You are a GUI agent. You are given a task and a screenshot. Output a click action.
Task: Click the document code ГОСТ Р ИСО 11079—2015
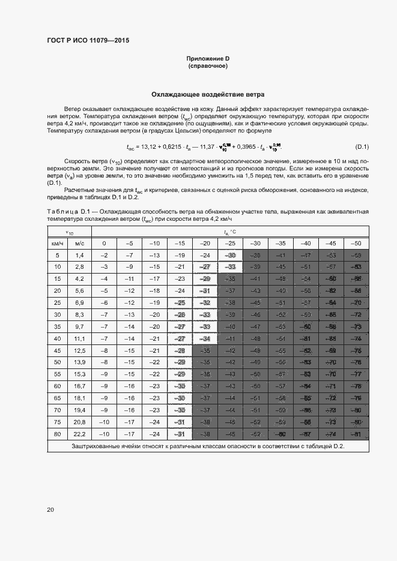pos(88,41)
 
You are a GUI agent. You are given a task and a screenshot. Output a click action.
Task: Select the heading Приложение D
pos(208,59)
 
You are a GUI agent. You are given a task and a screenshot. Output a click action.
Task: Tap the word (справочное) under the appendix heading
pos(208,67)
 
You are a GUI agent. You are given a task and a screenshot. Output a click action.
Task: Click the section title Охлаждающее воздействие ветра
pos(208,95)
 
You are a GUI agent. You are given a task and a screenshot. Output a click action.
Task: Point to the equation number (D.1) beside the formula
pos(362,147)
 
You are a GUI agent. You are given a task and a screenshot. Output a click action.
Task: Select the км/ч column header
pos(58,244)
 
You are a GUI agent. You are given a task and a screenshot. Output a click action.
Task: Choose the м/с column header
pos(79,244)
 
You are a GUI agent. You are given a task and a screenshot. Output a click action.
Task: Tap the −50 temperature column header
pos(357,244)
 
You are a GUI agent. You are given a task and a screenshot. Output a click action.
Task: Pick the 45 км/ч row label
pos(58,350)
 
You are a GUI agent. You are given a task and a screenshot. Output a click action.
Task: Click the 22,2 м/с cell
pos(79,434)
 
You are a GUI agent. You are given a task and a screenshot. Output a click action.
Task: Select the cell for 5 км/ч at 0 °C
pos(104,256)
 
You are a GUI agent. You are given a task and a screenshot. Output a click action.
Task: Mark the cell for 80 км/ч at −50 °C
pos(357,434)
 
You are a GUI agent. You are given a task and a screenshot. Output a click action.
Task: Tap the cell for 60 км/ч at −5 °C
pos(129,386)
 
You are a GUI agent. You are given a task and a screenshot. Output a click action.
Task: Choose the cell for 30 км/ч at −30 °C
pos(255,315)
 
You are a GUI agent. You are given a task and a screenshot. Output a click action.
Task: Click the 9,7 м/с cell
pos(79,327)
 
